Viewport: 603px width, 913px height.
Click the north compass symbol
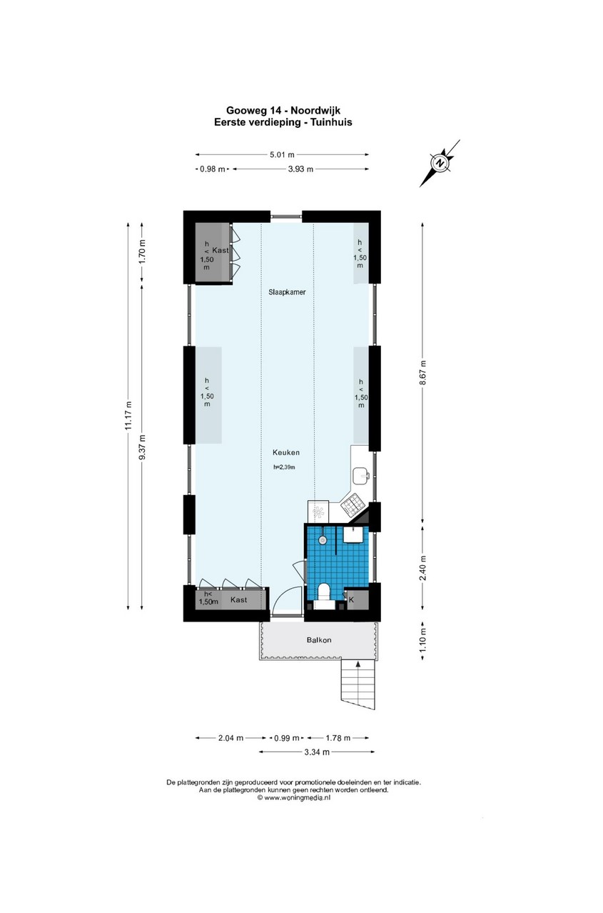point(440,163)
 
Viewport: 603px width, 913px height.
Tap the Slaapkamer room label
point(287,292)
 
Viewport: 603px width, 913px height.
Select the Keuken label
point(286,452)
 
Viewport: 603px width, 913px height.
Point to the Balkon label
point(319,640)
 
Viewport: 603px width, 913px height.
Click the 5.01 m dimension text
point(282,154)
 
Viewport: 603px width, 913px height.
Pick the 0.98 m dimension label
point(213,169)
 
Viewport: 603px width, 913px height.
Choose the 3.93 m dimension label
point(300,169)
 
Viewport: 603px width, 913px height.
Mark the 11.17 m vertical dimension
point(128,415)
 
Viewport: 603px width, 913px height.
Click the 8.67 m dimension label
point(422,372)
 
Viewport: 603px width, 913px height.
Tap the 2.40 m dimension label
point(422,568)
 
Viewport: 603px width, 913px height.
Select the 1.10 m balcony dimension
point(422,641)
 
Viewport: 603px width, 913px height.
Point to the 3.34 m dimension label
point(317,752)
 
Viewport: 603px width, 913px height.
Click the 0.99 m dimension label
point(287,738)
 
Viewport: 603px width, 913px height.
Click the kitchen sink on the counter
point(361,476)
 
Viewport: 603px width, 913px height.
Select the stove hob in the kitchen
point(351,504)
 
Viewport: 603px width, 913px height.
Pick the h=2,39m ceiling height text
point(284,467)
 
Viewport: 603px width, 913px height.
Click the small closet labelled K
point(357,599)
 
